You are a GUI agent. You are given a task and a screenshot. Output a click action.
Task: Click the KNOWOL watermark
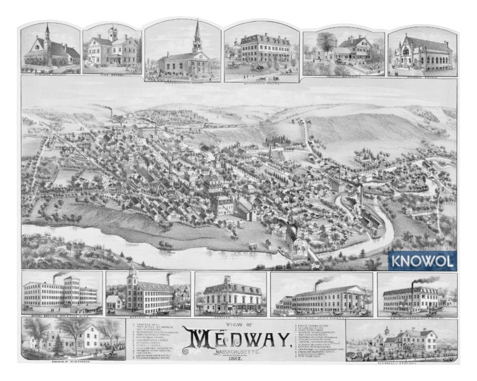coord(422,261)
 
